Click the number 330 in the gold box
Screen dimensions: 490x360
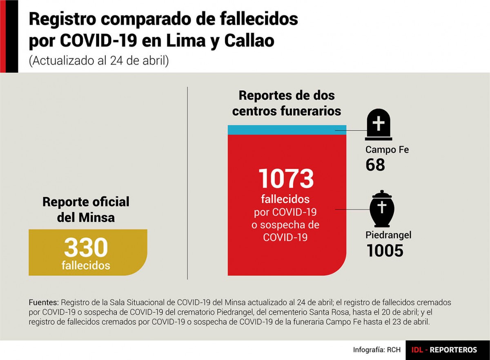pos(86,247)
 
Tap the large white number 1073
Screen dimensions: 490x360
pos(286,178)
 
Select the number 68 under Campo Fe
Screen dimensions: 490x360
pos(375,165)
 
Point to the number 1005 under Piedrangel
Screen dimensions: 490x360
pos(385,250)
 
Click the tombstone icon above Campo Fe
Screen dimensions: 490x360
pos(379,125)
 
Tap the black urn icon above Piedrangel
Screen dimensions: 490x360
pos(382,208)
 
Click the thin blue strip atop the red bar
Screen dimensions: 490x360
pos(287,130)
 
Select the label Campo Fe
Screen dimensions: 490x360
pos(387,150)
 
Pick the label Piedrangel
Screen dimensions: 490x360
pos(388,235)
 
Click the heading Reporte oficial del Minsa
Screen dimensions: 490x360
pos(86,210)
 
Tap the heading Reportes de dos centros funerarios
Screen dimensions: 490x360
pos(287,103)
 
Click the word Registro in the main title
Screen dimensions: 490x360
pos(62,19)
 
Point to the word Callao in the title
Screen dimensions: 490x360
pos(249,41)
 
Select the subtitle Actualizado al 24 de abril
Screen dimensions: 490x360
pos(99,60)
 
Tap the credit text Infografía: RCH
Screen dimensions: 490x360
pos(376,349)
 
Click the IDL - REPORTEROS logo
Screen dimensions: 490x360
pos(444,350)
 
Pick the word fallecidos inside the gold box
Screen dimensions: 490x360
pos(86,266)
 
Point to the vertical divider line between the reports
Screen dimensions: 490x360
pos(187,183)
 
